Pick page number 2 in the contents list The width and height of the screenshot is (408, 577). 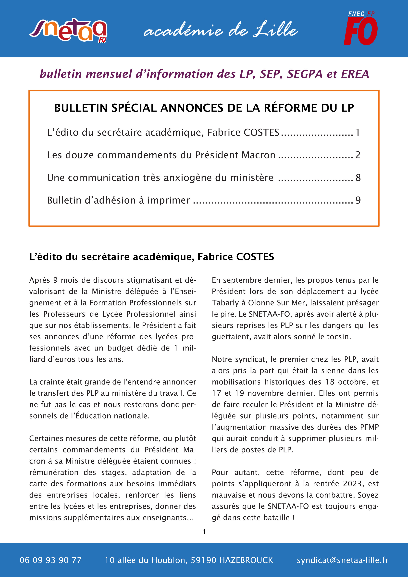tap(358, 155)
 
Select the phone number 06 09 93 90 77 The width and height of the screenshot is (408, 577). tap(51, 560)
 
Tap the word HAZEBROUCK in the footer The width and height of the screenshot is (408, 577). tap(246, 560)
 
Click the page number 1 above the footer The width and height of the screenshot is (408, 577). tap(204, 531)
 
